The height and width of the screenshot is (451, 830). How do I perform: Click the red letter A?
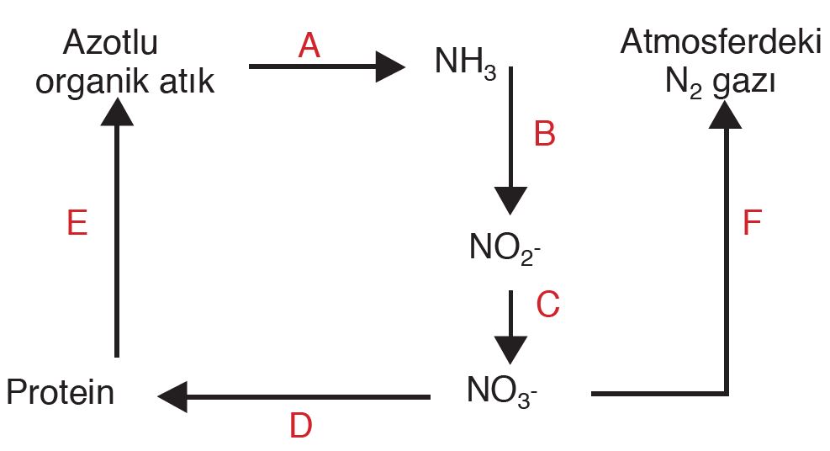[309, 46]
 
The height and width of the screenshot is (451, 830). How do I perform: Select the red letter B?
[545, 134]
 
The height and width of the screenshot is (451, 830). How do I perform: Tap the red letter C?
[547, 305]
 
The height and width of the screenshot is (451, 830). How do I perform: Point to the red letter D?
[300, 426]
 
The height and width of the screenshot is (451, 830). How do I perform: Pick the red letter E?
[77, 225]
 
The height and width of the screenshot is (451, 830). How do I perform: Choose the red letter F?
[752, 225]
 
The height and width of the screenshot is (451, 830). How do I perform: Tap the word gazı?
[743, 82]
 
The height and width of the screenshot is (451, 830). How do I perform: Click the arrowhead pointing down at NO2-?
[510, 201]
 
